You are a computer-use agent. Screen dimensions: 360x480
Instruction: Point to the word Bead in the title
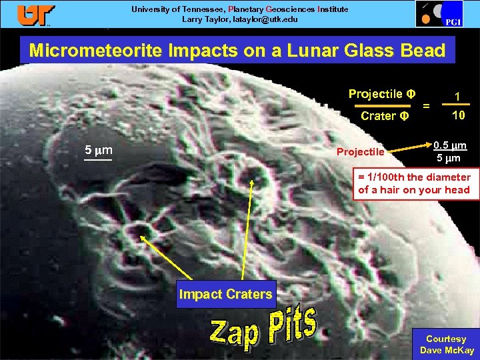[x=416, y=51]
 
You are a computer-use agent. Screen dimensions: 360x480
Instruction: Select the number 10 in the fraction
[x=458, y=115]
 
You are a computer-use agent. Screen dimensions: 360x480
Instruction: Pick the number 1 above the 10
[x=457, y=96]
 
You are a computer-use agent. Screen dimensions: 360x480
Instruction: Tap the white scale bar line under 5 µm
[x=97, y=160]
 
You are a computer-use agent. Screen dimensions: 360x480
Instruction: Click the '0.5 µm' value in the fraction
[x=450, y=145]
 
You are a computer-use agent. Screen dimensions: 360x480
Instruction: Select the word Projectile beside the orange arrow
[x=360, y=152]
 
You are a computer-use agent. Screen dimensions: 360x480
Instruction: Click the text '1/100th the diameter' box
[x=414, y=183]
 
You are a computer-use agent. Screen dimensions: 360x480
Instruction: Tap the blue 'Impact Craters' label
[x=225, y=294]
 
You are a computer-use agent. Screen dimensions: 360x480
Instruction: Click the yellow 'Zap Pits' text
[x=263, y=330]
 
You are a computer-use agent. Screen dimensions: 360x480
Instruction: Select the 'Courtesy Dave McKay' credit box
[x=446, y=344]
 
